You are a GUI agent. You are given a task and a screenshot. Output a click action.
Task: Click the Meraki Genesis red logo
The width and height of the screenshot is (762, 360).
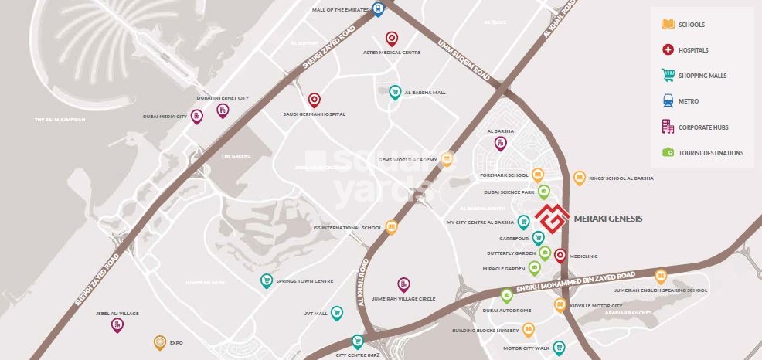553,219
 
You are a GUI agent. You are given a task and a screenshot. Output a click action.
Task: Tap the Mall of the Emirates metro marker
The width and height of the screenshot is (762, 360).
378,9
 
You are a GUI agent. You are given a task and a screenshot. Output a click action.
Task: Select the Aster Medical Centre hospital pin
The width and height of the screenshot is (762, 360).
392,39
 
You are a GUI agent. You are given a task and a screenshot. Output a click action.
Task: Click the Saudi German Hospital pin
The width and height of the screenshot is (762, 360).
314,100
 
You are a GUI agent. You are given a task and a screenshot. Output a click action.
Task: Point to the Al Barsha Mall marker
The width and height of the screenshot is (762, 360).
395,92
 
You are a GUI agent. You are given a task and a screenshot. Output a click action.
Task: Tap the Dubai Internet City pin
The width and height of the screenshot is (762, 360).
222,111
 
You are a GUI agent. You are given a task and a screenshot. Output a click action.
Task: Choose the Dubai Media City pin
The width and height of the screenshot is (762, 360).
197,117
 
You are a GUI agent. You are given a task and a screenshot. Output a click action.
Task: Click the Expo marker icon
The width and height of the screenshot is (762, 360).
159,341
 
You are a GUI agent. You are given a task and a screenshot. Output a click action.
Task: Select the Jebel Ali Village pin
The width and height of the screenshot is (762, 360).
117,325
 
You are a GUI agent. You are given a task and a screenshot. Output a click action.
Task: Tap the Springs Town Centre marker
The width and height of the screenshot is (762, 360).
267,280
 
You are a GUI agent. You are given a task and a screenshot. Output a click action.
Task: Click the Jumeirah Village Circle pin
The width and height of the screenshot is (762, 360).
403,284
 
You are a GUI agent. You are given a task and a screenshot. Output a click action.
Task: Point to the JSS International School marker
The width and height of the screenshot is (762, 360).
391,227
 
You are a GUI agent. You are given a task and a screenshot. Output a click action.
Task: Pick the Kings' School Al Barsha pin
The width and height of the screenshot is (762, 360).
579,178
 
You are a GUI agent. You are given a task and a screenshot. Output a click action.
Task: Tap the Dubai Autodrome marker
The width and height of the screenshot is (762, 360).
506,295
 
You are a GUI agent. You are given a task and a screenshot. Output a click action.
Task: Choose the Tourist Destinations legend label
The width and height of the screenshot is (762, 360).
710,153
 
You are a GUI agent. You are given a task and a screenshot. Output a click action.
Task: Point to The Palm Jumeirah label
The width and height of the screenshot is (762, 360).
60,120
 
